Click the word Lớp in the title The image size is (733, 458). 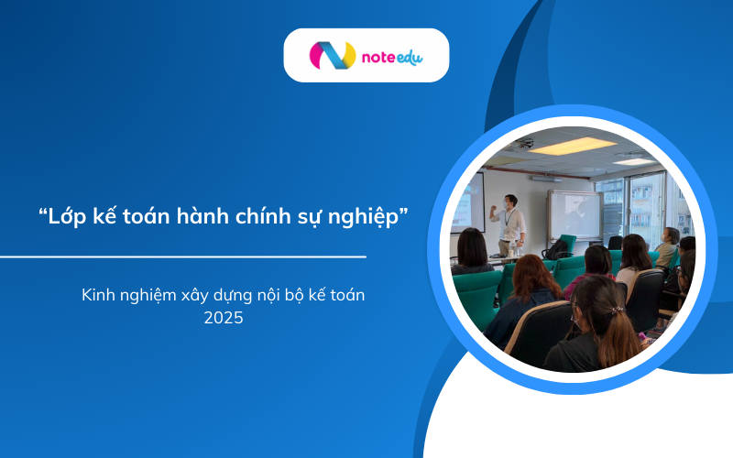pos(67,218)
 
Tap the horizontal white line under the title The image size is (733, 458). pos(183,257)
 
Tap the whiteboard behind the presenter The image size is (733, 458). pos(574,213)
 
